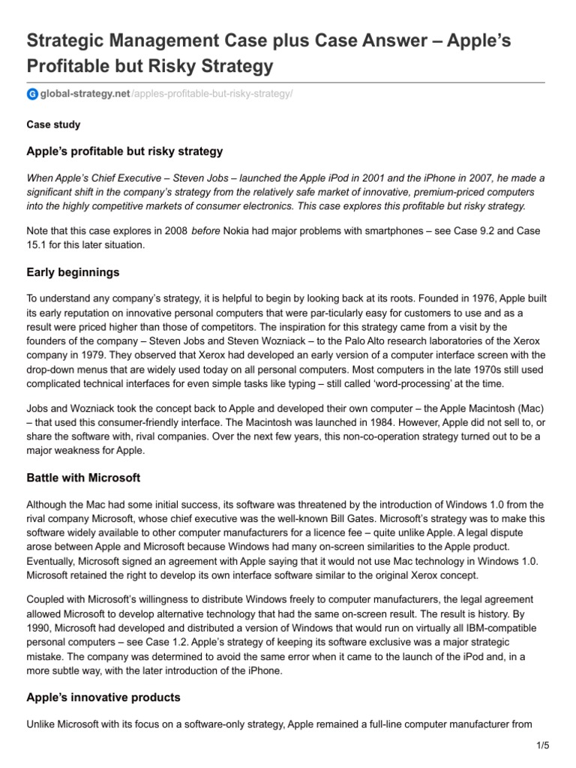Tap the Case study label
point(53,124)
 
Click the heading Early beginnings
point(73,271)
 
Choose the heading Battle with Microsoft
point(83,477)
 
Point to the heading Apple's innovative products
point(103,697)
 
